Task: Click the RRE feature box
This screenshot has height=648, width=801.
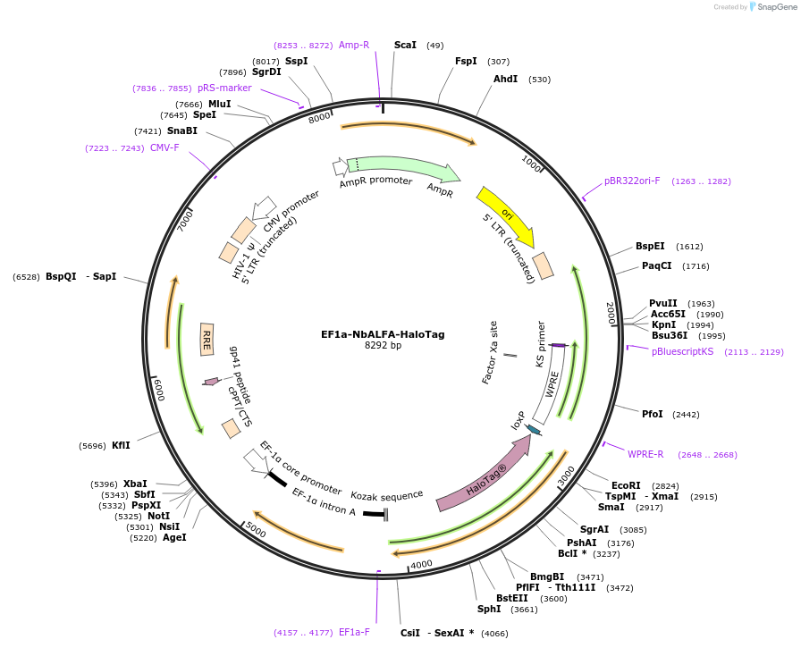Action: [x=207, y=339]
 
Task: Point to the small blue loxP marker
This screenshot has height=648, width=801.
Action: [x=534, y=430]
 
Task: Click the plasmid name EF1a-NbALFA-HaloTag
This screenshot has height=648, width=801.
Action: [x=383, y=334]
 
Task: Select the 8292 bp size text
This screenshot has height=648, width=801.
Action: [x=383, y=345]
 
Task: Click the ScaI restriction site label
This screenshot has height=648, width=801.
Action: [x=405, y=45]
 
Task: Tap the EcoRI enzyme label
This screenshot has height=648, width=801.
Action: [x=626, y=485]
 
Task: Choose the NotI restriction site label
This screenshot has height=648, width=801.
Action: [x=158, y=516]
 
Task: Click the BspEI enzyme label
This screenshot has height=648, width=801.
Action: [x=650, y=246]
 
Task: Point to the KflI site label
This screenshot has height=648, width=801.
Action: [x=121, y=445]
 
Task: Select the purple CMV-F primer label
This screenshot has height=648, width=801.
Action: [x=164, y=148]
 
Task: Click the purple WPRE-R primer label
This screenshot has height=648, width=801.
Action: [x=645, y=454]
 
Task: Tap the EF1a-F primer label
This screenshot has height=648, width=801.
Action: [x=354, y=632]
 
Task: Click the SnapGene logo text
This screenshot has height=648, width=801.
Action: [x=777, y=6]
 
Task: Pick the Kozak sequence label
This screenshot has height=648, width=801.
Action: [x=387, y=496]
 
